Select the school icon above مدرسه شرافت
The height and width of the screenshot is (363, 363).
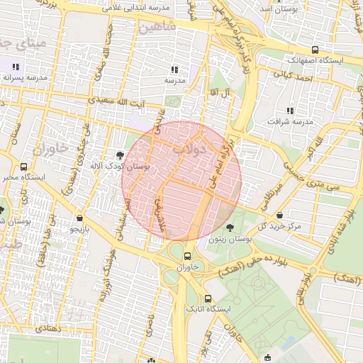[289, 110]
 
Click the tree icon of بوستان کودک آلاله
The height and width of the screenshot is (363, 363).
[119, 155]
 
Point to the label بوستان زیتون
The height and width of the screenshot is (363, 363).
[230, 240]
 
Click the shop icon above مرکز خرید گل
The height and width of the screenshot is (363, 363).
[281, 214]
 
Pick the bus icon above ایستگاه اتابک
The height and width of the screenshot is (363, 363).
[208, 298]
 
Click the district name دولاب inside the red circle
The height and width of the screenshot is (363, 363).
[208, 150]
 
